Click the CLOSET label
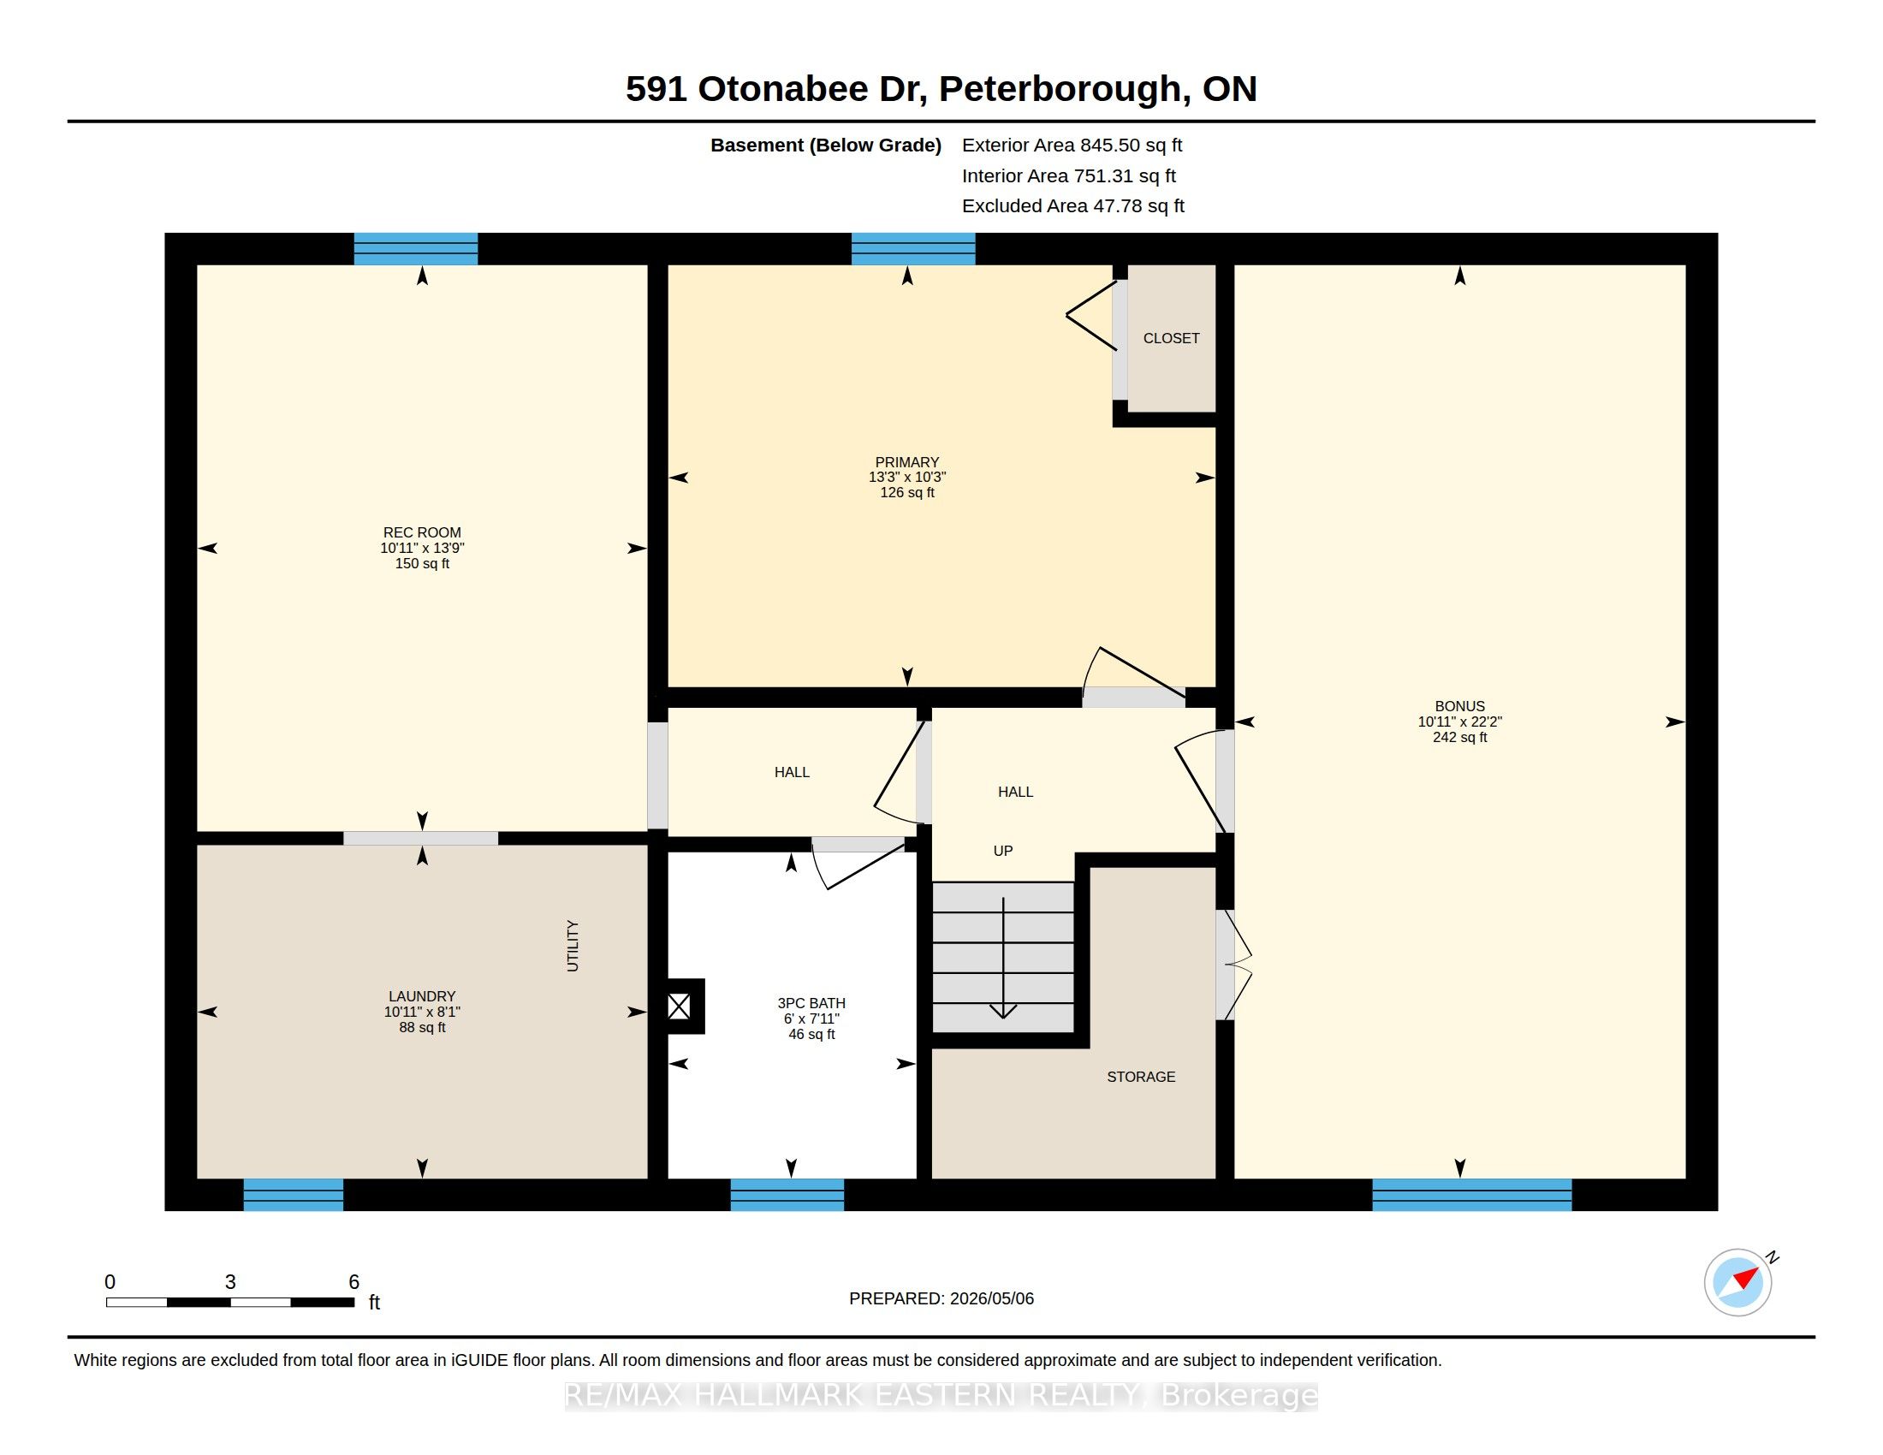pos(1171,338)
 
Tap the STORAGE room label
pos(1141,1077)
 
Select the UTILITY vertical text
pos(573,946)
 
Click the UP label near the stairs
pos(1003,851)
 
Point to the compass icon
pos(1739,1282)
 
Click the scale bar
pos(230,1302)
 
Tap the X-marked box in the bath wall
pos(680,1006)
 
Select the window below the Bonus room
pos(1472,1195)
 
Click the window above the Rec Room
pos(416,248)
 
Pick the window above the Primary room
pos(913,248)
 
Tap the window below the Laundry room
pos(293,1195)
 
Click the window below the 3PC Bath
pos(787,1195)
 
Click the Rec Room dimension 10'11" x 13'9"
pos(423,549)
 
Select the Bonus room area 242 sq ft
pos(1459,738)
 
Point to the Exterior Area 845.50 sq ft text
pos(1072,145)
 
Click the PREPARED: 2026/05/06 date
pos(941,1298)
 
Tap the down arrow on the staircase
pos(1003,958)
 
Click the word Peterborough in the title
pos(1059,89)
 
